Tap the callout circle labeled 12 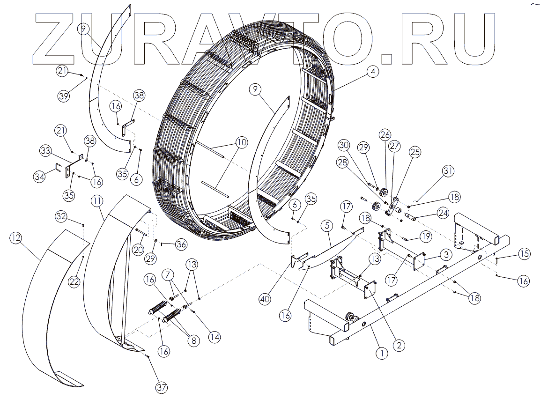[x=16, y=238]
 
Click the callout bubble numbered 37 [x=162, y=388]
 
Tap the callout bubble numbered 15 [x=524, y=254]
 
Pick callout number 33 [x=45, y=150]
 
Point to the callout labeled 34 [x=40, y=177]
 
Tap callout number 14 [x=215, y=336]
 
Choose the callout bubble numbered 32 [x=62, y=216]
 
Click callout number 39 [x=64, y=96]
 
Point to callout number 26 [x=385, y=135]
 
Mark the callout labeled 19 [x=425, y=236]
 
